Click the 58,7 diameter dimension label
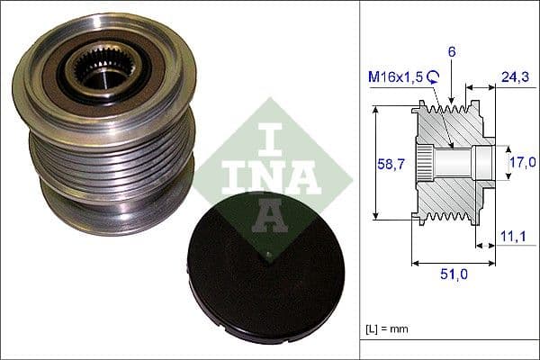pos(388,163)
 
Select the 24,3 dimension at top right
pos(515,78)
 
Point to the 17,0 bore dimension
pos(523,162)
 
